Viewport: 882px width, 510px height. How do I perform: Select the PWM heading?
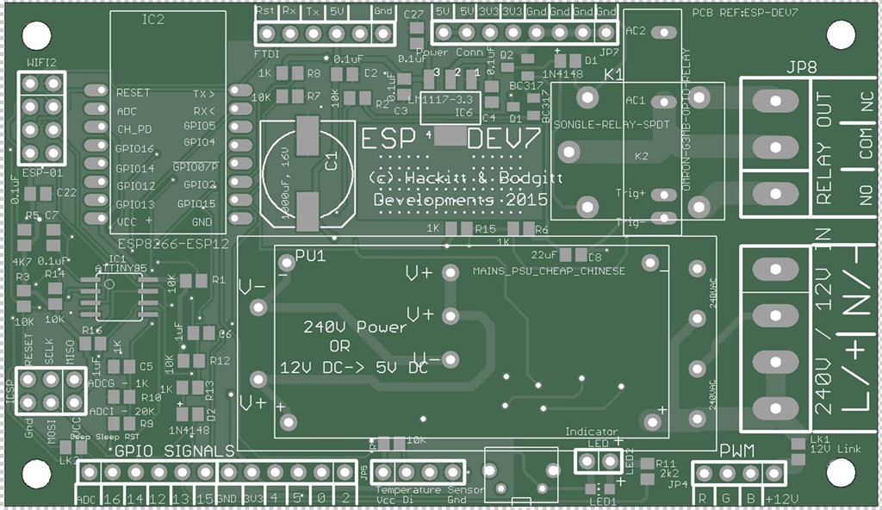click(x=736, y=451)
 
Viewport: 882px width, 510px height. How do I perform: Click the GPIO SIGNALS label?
click(x=174, y=451)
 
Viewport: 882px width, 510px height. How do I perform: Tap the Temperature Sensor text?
click(x=422, y=489)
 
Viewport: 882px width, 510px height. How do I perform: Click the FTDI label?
click(x=267, y=54)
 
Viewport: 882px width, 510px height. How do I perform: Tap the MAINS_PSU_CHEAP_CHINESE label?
click(x=549, y=271)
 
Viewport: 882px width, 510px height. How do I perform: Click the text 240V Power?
click(x=354, y=327)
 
